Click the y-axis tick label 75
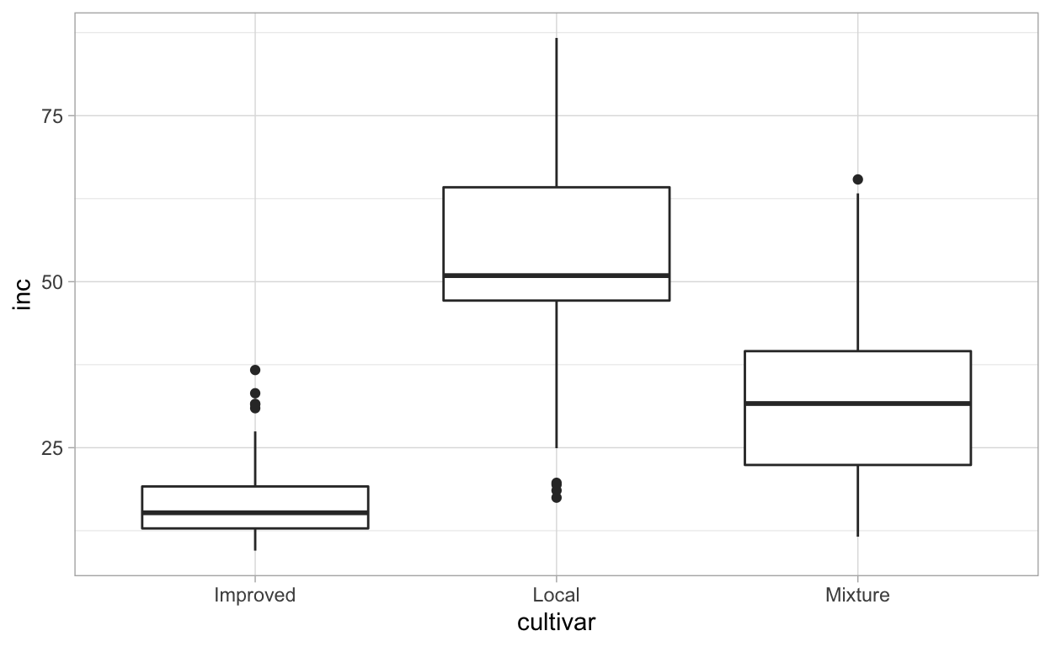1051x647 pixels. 52,115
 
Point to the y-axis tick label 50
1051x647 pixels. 52,281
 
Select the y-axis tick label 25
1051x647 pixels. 52,447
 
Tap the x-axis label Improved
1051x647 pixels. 255,596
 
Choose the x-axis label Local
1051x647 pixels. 556,596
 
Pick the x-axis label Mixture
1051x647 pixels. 857,596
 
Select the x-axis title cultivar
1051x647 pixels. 556,623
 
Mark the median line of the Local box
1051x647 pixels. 556,275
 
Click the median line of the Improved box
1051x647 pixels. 255,512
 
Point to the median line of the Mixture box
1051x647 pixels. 857,404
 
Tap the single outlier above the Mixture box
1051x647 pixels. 857,179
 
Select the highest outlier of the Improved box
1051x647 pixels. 255,370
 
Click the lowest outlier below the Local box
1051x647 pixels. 556,497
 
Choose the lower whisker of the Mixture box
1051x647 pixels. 857,500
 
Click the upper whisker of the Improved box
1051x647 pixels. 255,459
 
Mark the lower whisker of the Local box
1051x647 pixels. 556,374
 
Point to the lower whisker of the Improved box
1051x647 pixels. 255,539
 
